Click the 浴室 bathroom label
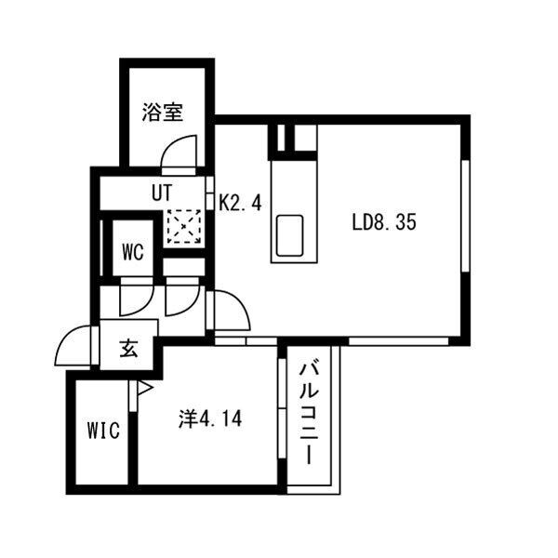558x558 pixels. point(163,112)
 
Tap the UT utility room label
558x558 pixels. point(162,193)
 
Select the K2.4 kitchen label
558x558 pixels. point(240,204)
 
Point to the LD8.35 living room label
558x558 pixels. point(384,222)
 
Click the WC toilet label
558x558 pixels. point(133,252)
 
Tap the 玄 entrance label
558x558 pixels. point(128,348)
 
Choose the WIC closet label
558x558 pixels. point(103,431)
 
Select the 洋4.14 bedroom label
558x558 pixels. point(210,418)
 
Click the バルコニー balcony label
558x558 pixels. point(309,414)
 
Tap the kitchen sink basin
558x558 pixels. point(289,236)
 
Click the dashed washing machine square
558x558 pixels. point(184,227)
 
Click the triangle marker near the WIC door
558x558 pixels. point(144,388)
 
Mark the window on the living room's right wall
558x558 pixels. point(466,217)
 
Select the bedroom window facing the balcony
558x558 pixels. point(282,408)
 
